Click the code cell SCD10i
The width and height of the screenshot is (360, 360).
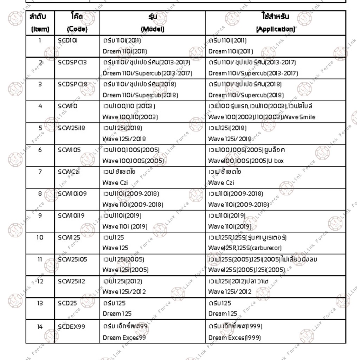click(68, 40)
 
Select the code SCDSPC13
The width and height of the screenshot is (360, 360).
click(72, 62)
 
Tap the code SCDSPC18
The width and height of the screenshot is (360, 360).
click(72, 84)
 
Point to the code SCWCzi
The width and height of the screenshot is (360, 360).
click(69, 172)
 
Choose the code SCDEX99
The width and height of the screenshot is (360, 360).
click(71, 327)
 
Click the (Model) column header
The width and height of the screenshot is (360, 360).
click(153, 30)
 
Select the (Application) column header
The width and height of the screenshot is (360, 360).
click(276, 30)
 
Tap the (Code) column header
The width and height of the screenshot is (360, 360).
click(77, 30)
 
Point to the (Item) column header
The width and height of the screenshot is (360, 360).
click(40, 30)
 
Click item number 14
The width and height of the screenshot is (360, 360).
click(40, 327)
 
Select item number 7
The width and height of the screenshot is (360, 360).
click(40, 172)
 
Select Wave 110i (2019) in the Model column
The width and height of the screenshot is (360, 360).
click(125, 226)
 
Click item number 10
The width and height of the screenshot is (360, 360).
click(40, 237)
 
